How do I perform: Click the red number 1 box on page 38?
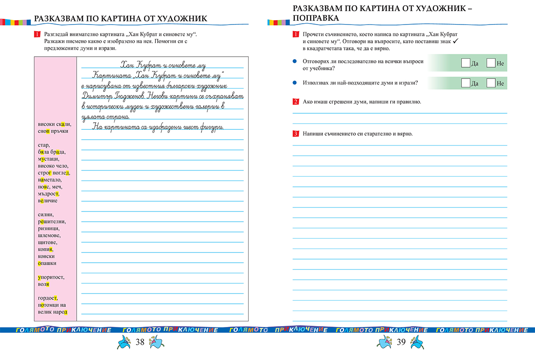point(37,34)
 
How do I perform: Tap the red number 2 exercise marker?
point(296,102)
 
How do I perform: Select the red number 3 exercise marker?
point(296,134)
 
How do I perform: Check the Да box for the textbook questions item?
point(465,63)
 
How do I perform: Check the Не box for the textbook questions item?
point(491,63)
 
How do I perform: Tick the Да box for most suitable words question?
point(465,83)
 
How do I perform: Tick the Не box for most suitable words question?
point(491,83)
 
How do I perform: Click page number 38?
point(140,342)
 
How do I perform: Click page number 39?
point(401,342)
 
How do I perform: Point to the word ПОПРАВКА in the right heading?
point(316,18)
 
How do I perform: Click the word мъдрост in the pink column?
point(49,194)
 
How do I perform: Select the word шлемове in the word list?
point(49,235)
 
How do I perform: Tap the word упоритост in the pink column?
point(51,277)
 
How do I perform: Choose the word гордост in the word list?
point(48,298)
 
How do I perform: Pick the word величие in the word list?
point(48,200)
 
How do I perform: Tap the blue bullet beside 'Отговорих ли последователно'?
point(295,62)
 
